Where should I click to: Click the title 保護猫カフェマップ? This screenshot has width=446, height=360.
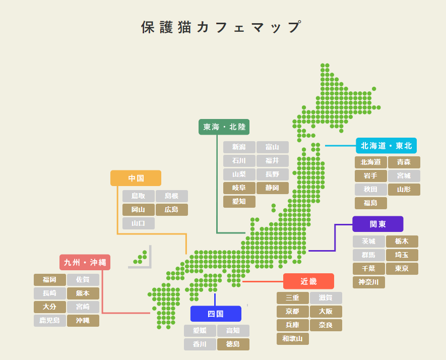(222, 27)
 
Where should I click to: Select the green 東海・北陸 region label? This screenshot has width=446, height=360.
(224, 127)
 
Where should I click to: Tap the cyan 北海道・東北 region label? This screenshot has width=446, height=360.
(386, 146)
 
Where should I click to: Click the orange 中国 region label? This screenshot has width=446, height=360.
(136, 178)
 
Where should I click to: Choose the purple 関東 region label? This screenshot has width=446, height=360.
(377, 224)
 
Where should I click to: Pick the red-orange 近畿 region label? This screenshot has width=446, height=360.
(308, 281)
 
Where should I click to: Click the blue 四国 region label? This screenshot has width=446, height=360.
(215, 314)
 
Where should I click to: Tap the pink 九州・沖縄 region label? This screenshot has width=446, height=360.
(85, 262)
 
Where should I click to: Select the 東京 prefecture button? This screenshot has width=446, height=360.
(402, 269)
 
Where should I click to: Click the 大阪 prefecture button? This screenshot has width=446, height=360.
(326, 312)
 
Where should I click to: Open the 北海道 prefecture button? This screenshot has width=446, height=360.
(370, 162)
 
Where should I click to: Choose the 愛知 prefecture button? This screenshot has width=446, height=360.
(239, 202)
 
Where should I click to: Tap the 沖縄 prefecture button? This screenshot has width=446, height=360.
(83, 321)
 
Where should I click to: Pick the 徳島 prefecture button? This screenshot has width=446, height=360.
(233, 344)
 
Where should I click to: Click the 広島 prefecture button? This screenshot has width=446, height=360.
(171, 210)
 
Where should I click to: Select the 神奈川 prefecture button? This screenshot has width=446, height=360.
(368, 282)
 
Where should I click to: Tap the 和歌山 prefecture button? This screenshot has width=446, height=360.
(292, 339)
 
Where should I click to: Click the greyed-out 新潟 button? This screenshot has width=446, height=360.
(239, 147)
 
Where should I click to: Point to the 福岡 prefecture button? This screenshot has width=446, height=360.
(49, 280)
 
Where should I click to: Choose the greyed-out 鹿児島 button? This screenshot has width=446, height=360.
(49, 321)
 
